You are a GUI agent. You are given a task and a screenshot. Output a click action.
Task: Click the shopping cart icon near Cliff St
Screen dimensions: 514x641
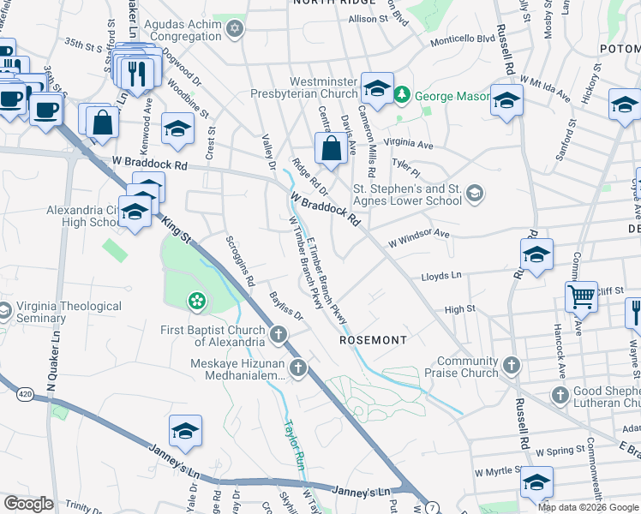pyautogui.click(x=581, y=297)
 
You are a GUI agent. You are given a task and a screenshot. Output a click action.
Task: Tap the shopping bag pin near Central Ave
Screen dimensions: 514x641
pyautogui.click(x=331, y=149)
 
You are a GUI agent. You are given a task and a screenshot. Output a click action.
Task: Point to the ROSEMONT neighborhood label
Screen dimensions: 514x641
pyautogui.click(x=373, y=340)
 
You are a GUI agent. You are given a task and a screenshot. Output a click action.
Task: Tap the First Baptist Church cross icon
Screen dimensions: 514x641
pyautogui.click(x=278, y=334)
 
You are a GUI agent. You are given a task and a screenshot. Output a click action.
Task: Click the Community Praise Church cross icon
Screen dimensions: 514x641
pyautogui.click(x=512, y=366)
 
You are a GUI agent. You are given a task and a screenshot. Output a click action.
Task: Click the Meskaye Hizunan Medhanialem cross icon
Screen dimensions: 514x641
pyautogui.click(x=298, y=369)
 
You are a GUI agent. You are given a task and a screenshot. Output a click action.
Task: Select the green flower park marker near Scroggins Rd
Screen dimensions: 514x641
pyautogui.click(x=197, y=301)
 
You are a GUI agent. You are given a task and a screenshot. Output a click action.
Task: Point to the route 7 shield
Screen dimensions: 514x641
pyautogui.click(x=432, y=508)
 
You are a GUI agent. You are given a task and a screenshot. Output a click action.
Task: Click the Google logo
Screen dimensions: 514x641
pyautogui.click(x=28, y=503)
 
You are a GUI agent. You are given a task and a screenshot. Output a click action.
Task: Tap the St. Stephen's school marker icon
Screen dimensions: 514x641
pyautogui.click(x=474, y=194)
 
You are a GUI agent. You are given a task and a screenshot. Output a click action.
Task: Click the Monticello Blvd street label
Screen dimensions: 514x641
pyautogui.click(x=463, y=39)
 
